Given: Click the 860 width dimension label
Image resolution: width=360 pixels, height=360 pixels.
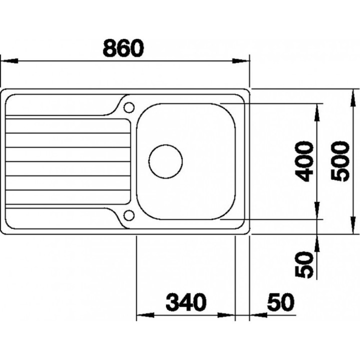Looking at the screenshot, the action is tap(123, 48).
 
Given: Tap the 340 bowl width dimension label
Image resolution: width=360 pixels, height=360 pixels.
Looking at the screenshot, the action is tap(186, 302).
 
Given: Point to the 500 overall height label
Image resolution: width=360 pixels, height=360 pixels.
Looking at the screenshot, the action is tap(340, 161).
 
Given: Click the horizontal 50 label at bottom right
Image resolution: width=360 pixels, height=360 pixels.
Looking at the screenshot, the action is tap(280, 302).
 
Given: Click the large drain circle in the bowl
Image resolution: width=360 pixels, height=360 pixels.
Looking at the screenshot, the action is tap(165, 161).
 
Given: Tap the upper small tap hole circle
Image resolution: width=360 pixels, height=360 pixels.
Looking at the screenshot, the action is tap(129, 107).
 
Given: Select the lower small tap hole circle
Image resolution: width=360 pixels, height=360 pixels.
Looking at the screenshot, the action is tap(129, 215).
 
